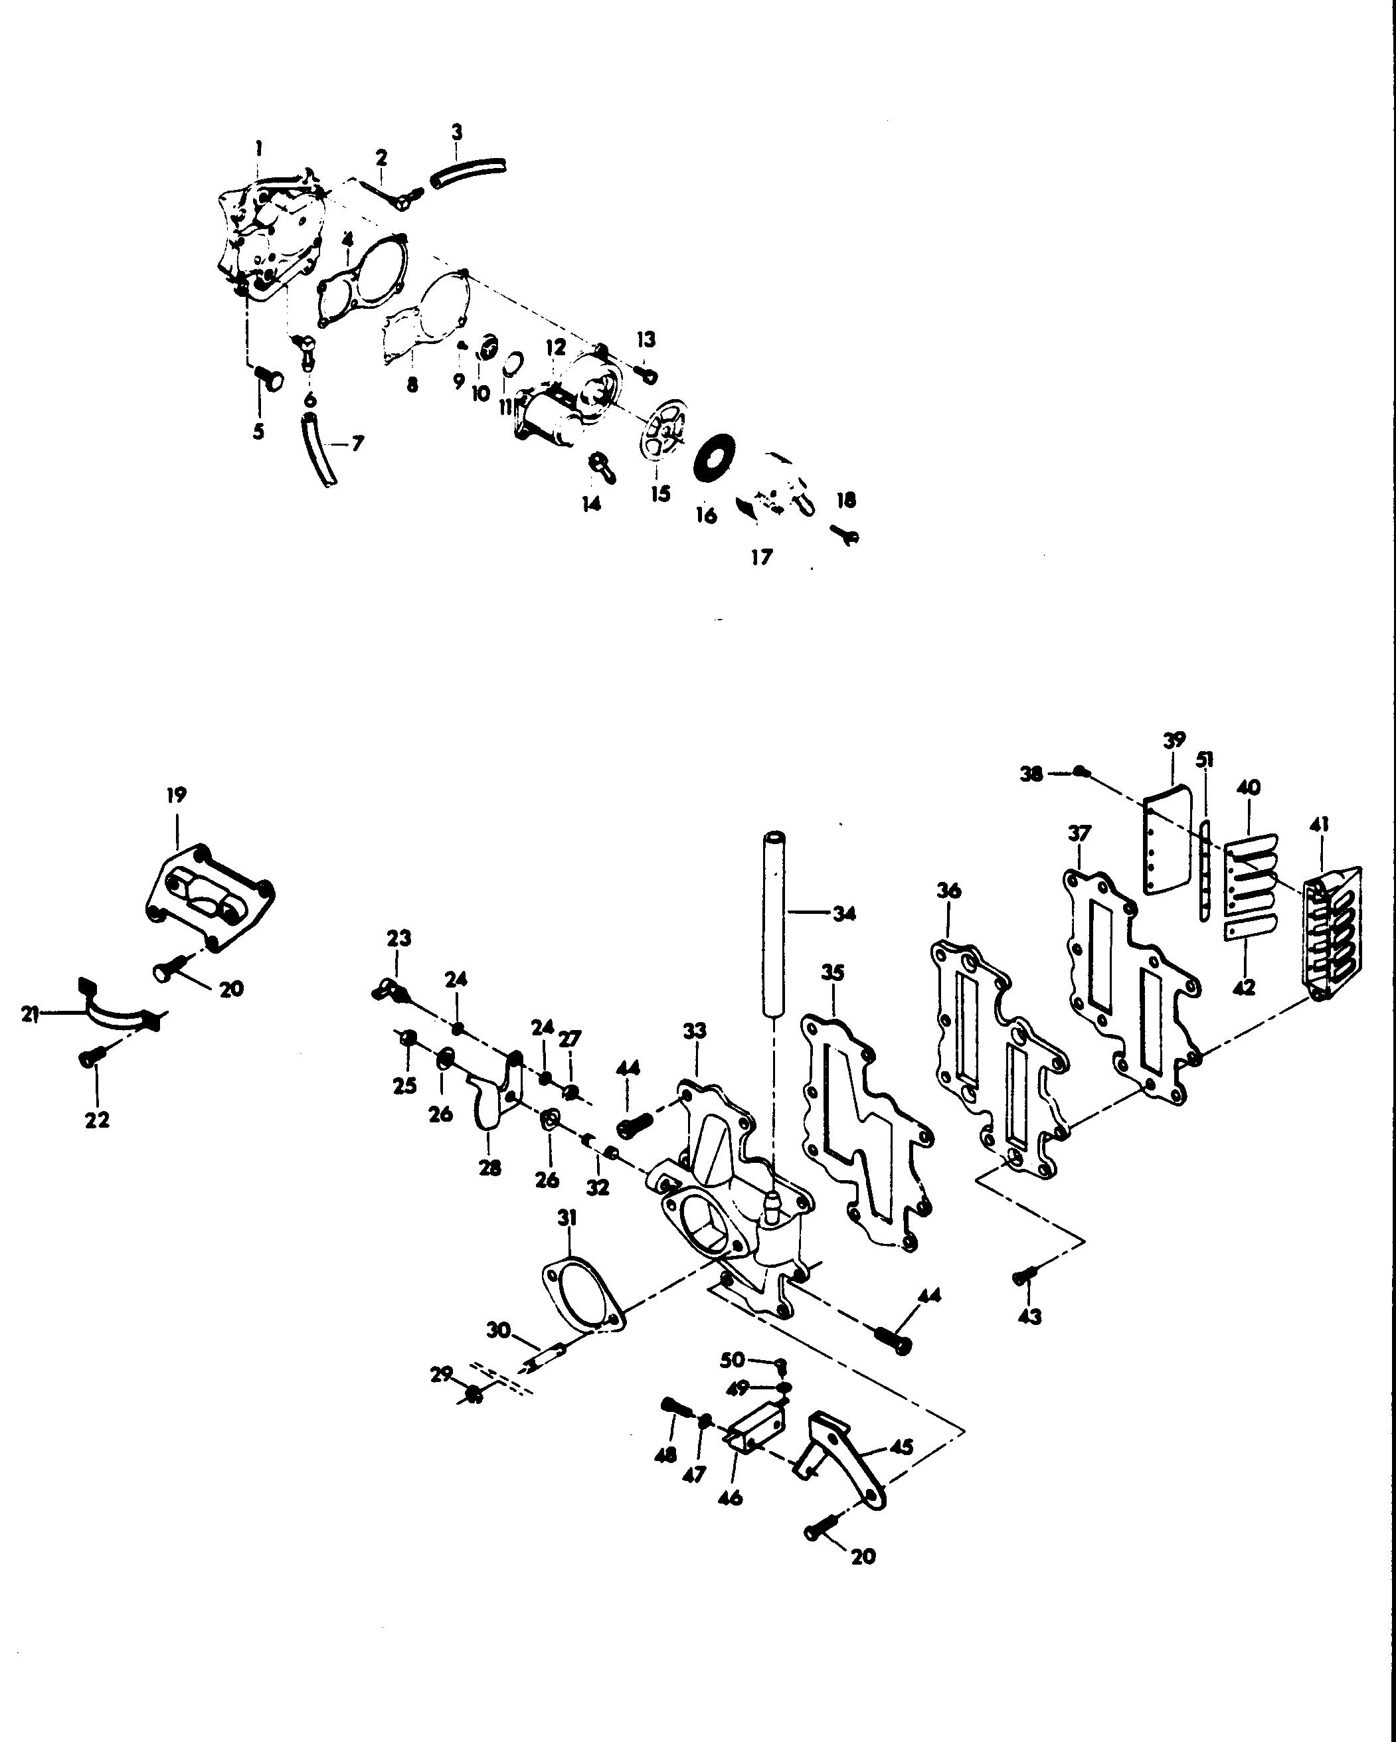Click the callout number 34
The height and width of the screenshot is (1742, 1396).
(844, 914)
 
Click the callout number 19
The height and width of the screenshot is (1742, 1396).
(176, 794)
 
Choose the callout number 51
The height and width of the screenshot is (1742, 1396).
(1205, 760)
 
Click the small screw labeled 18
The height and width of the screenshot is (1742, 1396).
(845, 534)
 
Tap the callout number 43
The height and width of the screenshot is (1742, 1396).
(1029, 1316)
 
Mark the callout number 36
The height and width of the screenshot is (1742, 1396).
(948, 891)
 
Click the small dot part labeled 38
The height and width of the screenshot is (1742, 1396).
(1083, 773)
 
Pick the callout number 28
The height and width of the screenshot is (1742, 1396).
(489, 1168)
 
